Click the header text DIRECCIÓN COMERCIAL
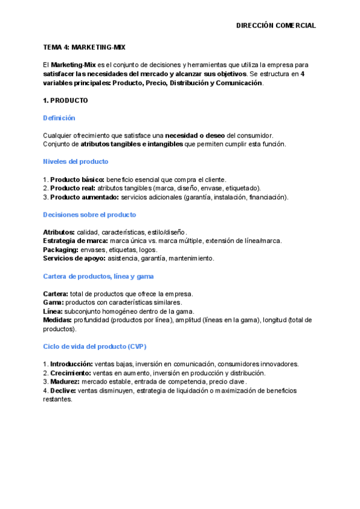click(x=275, y=26)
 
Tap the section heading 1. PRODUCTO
click(x=65, y=100)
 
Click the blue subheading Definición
click(x=59, y=118)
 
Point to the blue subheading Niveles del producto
click(x=76, y=161)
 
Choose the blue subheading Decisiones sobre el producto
click(x=89, y=214)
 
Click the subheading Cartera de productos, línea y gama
click(x=98, y=276)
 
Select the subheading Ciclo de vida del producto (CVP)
click(x=95, y=346)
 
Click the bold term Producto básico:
click(x=77, y=179)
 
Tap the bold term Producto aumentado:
click(x=85, y=197)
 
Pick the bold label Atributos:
click(x=59, y=232)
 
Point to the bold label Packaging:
click(x=61, y=250)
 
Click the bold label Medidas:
click(x=58, y=320)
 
